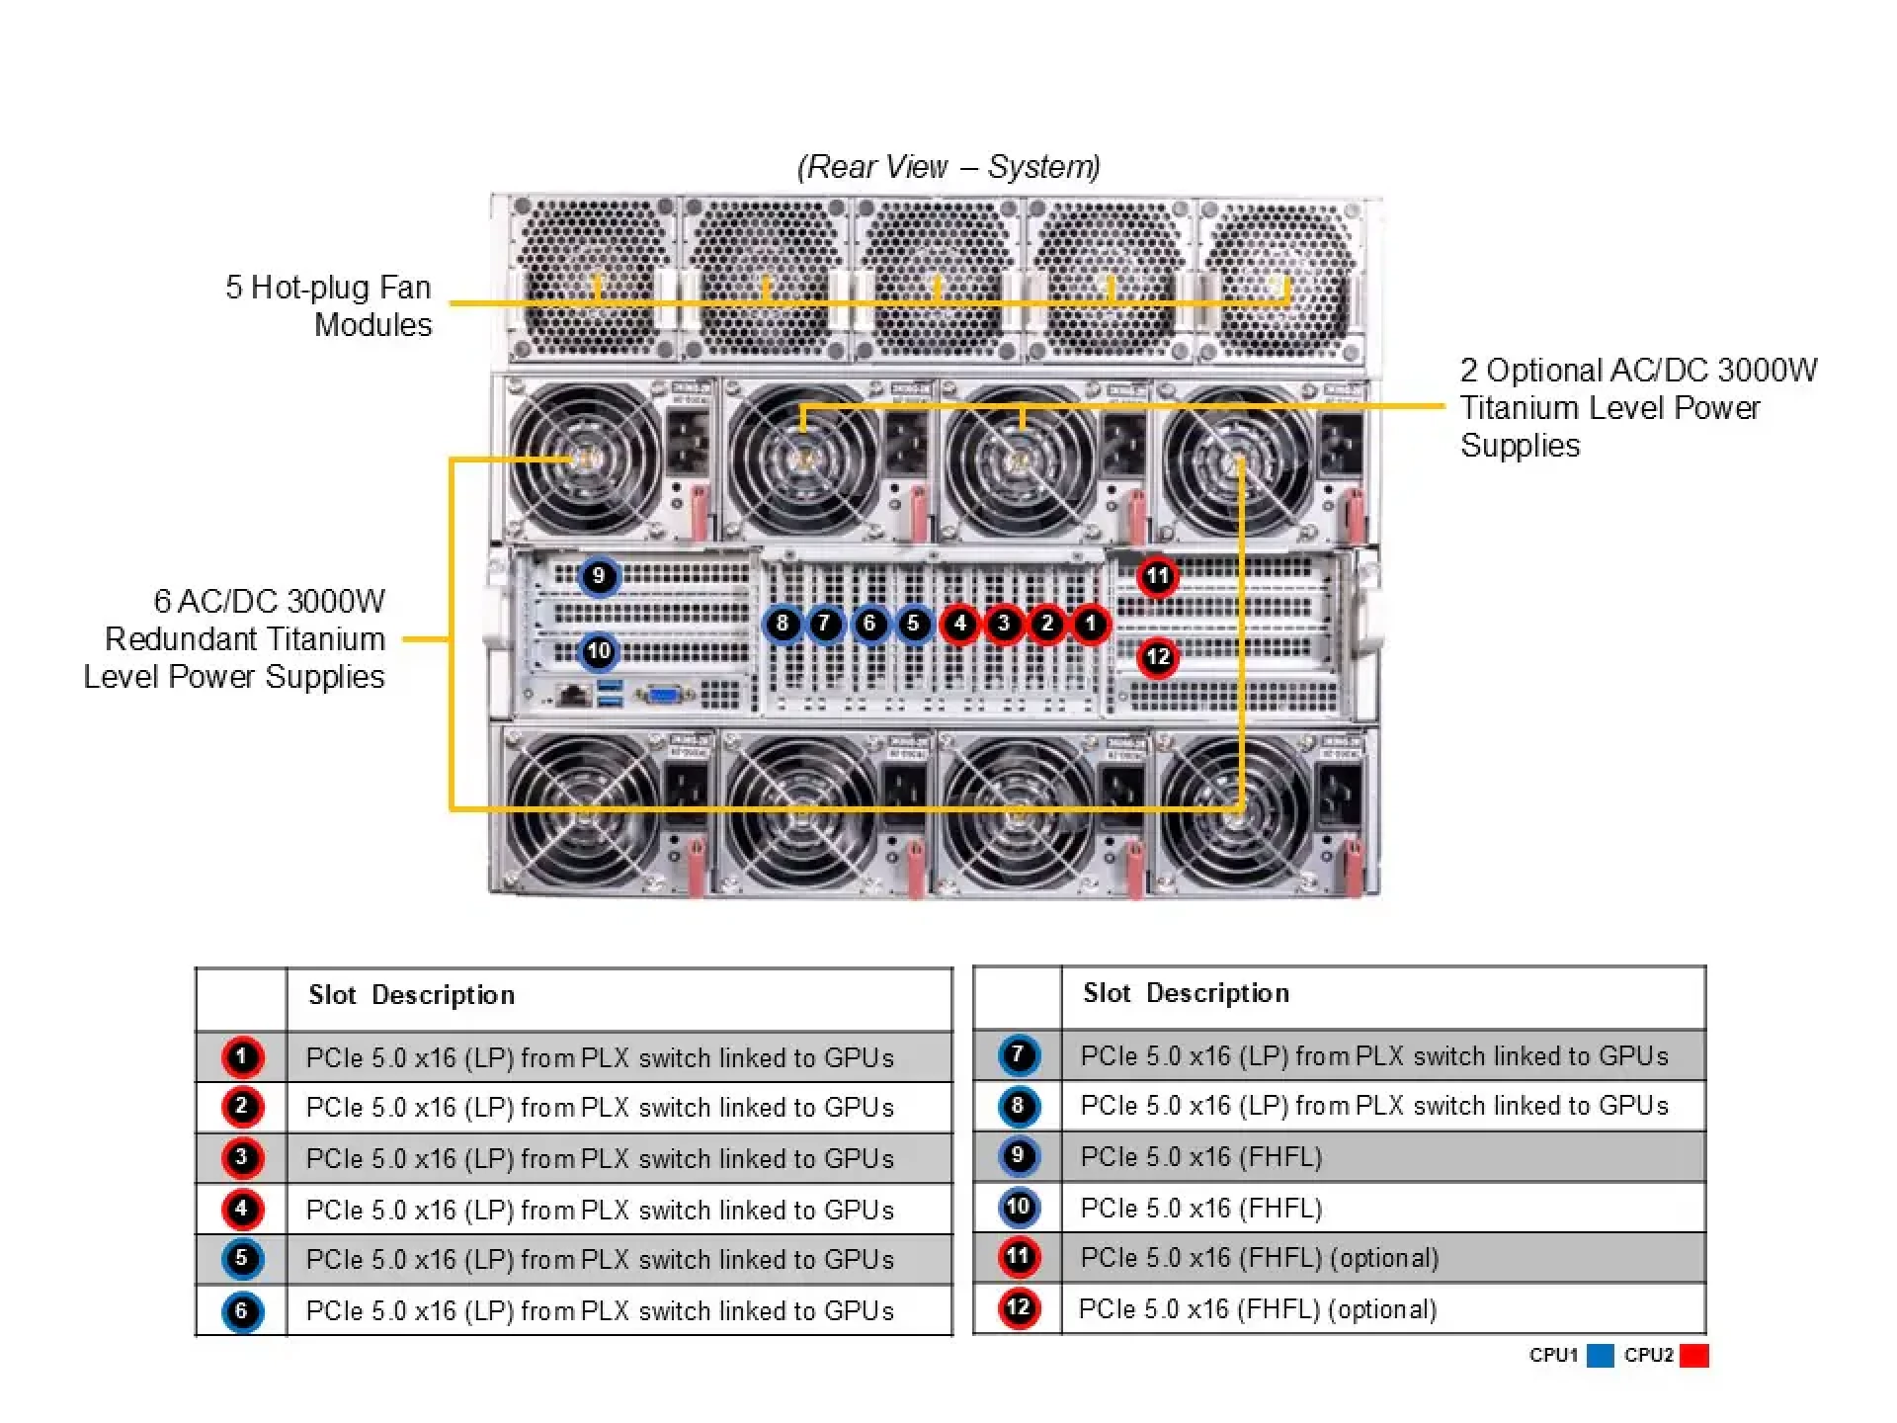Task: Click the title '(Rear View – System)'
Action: [948, 167]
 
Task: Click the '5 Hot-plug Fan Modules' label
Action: [329, 305]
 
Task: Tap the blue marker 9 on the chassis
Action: [599, 576]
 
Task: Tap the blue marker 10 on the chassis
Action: [599, 651]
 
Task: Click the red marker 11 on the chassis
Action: [1157, 576]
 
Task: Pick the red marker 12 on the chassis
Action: [1157, 657]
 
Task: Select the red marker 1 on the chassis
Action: [1091, 624]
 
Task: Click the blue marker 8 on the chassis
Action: [783, 624]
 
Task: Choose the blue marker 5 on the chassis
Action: [914, 624]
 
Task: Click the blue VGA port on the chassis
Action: [664, 695]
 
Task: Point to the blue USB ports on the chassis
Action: [611, 694]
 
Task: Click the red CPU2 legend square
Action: [1693, 1356]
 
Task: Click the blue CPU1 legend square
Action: [1601, 1356]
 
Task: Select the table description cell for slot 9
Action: [1383, 1156]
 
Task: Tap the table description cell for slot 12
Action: [1383, 1309]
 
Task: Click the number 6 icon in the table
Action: [242, 1311]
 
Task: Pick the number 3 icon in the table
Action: [242, 1157]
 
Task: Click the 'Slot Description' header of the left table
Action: [412, 995]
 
